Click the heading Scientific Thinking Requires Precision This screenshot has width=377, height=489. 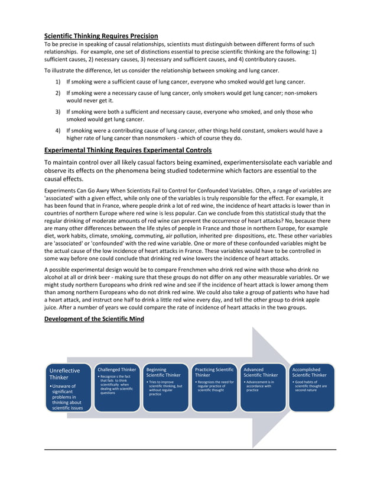click(x=101, y=36)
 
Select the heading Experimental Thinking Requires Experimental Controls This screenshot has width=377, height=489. click(x=128, y=150)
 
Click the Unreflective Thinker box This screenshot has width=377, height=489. click(x=69, y=388)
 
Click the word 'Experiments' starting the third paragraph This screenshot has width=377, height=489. click(x=60, y=191)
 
